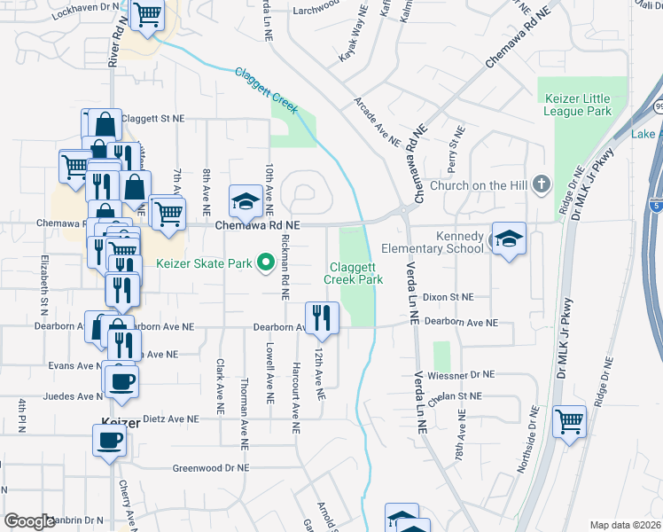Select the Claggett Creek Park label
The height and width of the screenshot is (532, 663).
356,273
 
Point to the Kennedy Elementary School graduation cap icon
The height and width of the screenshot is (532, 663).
509,239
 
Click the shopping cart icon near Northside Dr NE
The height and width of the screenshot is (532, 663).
569,421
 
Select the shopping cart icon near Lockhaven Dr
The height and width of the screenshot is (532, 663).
146,14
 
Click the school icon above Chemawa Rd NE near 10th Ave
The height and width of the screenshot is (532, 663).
246,201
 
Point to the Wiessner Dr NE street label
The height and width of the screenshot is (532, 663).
463,374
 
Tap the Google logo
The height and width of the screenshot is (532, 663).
30,521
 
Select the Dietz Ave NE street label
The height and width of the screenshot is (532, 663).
170,419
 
